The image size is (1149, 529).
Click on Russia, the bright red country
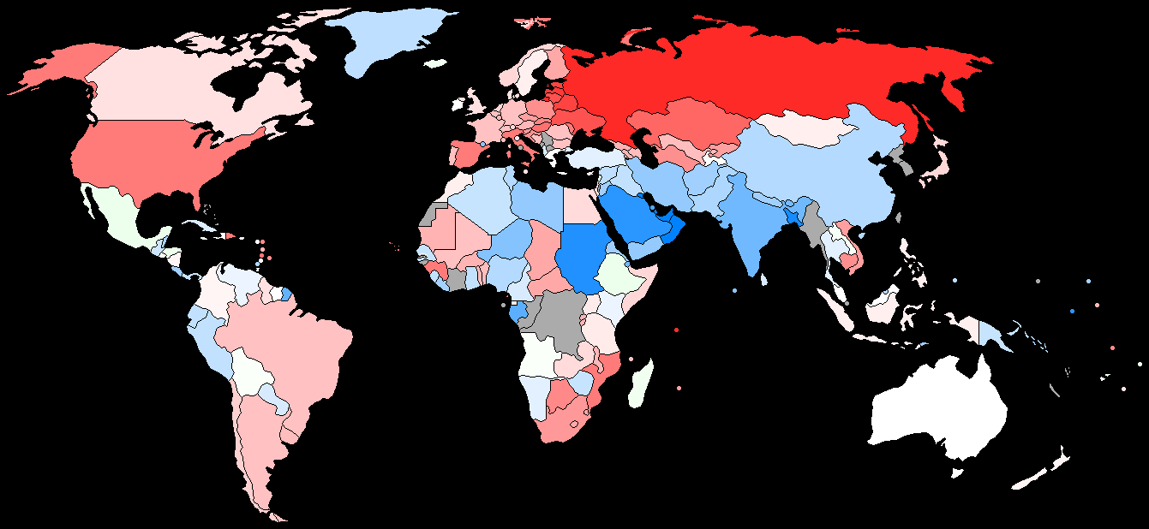coord(728,77)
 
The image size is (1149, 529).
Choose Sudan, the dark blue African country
coord(583,257)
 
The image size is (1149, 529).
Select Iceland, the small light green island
coord(436,63)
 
